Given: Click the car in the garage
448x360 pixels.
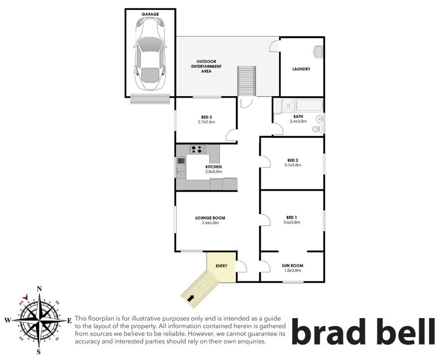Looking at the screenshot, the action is coord(150,54).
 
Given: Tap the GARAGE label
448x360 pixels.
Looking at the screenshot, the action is coord(150,14).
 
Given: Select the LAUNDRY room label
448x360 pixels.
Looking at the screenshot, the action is coord(301,69).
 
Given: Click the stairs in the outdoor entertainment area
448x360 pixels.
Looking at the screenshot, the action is coord(246,82).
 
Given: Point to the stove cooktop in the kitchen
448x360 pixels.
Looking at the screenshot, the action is coord(197,149).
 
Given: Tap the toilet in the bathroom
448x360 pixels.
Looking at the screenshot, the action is coord(317,129).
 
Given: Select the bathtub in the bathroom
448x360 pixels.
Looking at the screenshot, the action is coord(310,105).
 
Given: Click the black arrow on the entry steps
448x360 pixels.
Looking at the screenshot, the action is coord(190,298).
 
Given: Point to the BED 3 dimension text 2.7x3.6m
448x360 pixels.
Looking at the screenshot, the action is coord(206,122).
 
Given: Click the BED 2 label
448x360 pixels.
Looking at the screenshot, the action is coord(293,160).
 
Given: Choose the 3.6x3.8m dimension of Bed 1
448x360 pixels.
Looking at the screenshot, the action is coord(292,222).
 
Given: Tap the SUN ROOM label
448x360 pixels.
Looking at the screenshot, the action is coord(293,266).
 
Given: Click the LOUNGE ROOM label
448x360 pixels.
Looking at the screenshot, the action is coord(210,218).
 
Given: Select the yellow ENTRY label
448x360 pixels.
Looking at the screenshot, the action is coord(222,266).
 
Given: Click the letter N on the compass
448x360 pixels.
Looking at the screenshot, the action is coord(40,289).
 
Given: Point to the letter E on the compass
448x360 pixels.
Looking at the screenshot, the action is coord(69,321).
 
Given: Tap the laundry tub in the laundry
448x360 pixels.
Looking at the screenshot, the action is coord(318,52).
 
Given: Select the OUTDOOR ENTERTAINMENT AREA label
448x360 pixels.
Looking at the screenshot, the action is coord(206,66).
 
